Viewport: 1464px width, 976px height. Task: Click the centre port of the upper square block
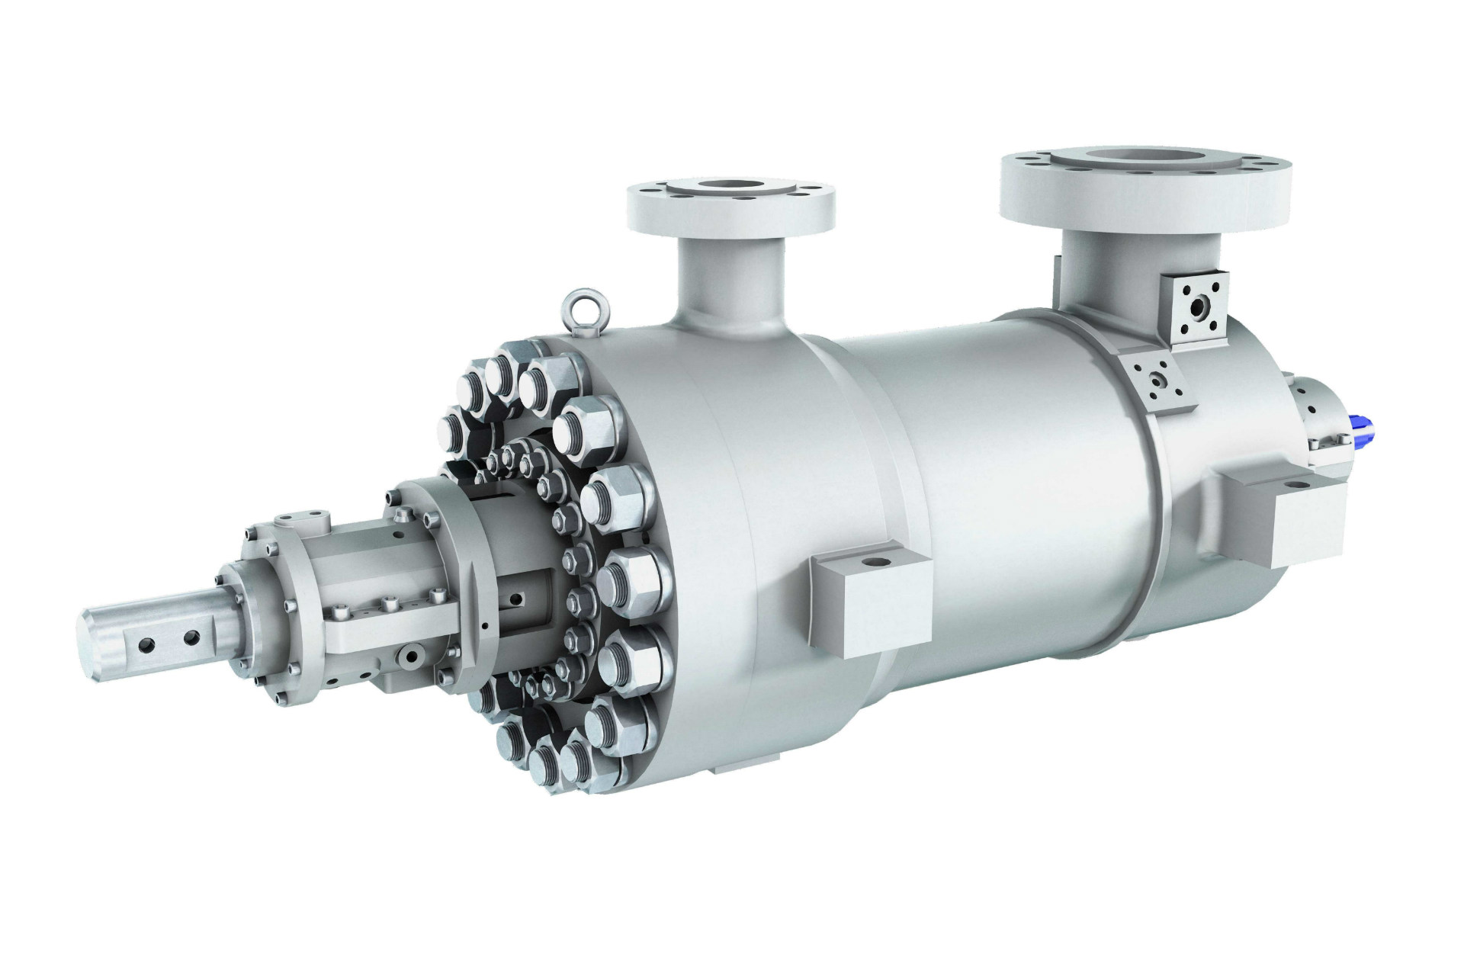pos(1202,307)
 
